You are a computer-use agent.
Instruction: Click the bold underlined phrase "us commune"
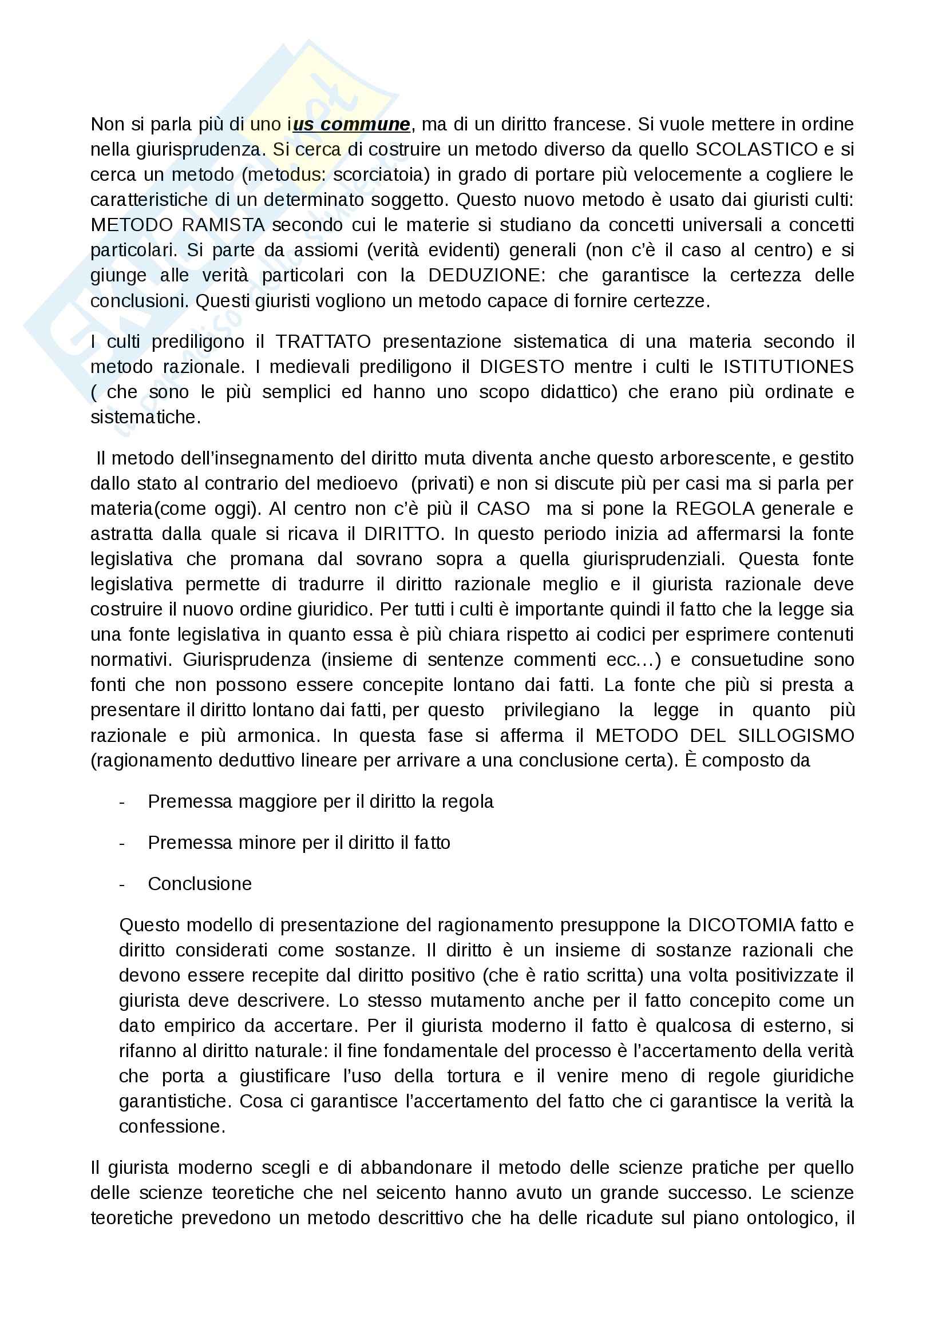click(351, 124)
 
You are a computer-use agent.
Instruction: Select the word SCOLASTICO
click(757, 149)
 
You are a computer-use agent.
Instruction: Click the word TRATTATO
click(323, 342)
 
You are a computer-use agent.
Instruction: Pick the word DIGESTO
click(522, 367)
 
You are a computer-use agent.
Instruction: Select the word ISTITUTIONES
click(788, 367)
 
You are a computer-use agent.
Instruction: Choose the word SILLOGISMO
click(795, 736)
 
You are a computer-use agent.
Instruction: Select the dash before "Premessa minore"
click(122, 843)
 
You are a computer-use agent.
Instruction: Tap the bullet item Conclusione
click(199, 884)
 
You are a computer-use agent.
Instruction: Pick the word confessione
click(171, 1126)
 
